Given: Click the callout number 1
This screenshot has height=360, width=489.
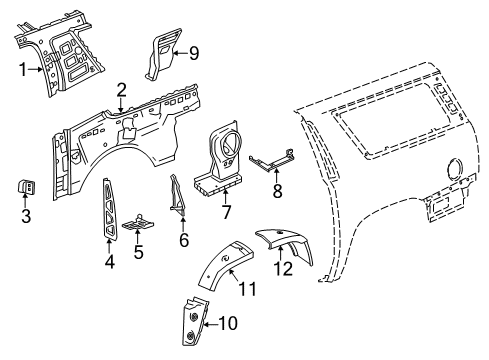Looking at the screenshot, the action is pos(23,70).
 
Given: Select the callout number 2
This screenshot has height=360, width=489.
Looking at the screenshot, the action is pos(121,90).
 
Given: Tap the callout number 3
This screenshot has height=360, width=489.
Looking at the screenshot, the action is pos(26,216).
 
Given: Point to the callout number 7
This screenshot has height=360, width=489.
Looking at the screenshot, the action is pos(226,212).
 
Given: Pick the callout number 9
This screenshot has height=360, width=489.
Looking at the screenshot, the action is pos(194,53).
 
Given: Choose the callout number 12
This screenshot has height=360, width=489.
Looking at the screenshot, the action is pos(283,269).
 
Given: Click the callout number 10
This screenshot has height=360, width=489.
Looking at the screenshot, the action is pos(228,323).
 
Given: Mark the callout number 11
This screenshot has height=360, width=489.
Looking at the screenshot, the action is pos(248,289).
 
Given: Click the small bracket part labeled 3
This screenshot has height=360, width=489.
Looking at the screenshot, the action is pos(26,186).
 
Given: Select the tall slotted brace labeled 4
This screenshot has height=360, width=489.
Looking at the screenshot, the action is pos(109,208).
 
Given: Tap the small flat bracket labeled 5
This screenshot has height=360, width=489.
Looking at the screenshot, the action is pos(138,223).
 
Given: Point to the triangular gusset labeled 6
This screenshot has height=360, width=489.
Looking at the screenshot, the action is pos(178,195).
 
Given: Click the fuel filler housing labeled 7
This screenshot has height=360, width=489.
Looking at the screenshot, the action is pos(219,159).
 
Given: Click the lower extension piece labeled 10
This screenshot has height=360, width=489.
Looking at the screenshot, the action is pos(195,322).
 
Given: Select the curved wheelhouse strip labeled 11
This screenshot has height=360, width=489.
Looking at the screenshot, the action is pos(224,264).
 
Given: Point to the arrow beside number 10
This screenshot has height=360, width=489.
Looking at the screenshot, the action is pos(211,323).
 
